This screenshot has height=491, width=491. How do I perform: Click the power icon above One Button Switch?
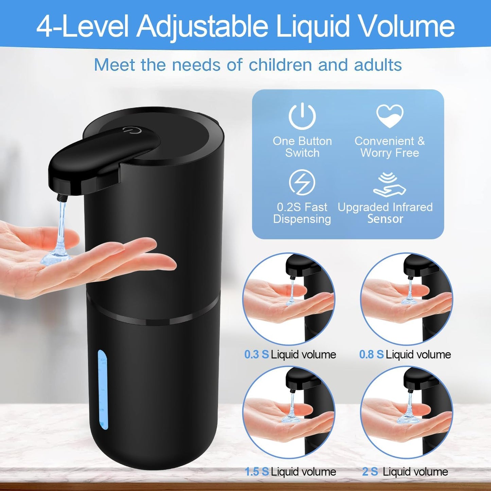(302, 116)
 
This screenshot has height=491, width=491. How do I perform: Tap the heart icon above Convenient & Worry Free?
(390, 116)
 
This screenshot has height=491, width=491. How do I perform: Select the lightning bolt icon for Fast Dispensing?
(302, 182)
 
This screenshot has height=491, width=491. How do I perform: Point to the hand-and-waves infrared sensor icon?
(389, 185)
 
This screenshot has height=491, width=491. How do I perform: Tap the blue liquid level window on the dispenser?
(102, 389)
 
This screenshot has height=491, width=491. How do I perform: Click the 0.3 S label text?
(256, 354)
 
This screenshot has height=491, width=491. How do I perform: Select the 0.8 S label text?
(371, 354)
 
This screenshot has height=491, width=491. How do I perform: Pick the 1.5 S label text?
(257, 472)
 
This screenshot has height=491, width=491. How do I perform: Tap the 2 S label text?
(370, 472)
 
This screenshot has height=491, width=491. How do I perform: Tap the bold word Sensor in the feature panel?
(385, 219)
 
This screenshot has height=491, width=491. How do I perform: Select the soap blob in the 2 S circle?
(406, 418)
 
